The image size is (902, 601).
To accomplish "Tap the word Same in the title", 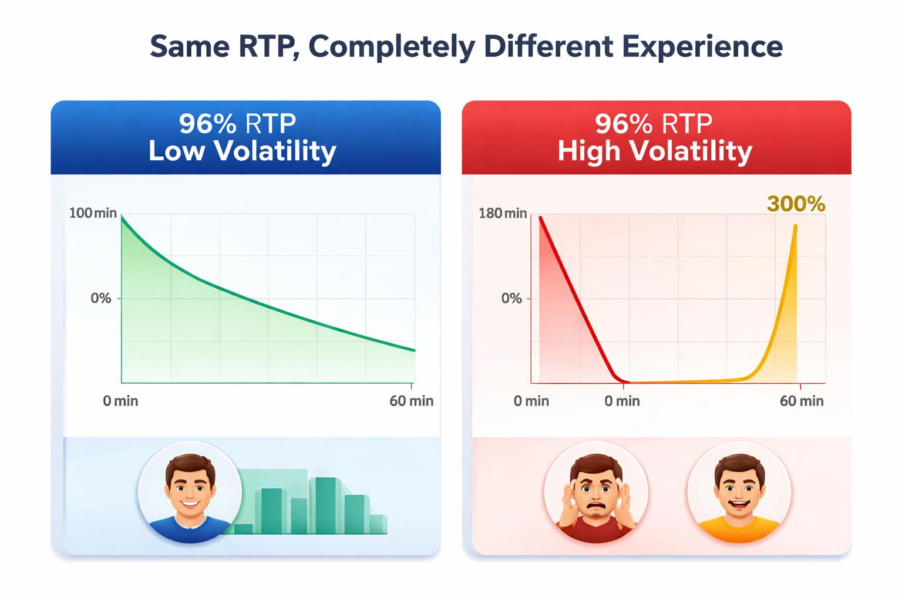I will coord(189,46).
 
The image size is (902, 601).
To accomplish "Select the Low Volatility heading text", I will coord(242,151).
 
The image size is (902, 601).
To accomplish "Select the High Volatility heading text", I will coord(655,151).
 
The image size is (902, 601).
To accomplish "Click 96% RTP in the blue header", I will coord(237,124).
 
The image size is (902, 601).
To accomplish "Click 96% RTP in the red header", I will coord(653,124).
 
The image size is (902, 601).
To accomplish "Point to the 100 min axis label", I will coord(93,213).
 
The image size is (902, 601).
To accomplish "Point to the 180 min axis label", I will coord(503,213).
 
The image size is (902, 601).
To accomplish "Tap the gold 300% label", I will coord(796,204).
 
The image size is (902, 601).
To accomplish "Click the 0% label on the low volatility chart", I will coord(100,298).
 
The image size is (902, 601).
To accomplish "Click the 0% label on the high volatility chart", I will coord(511,298).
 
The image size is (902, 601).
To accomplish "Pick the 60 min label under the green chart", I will coord(411,401).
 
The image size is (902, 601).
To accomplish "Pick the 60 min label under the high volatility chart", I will coord(801,401).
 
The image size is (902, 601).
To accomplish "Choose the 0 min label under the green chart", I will coord(120,401).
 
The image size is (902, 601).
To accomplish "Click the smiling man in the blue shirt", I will coord(190,492).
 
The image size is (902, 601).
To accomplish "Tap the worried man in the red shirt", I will coord(596,492).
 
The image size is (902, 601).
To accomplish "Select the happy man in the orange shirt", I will coord(739,492).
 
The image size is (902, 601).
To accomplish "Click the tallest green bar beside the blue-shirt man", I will coord(325,505).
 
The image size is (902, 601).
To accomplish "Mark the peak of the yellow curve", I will coord(796,225).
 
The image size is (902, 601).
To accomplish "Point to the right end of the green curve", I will coord(415,351).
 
